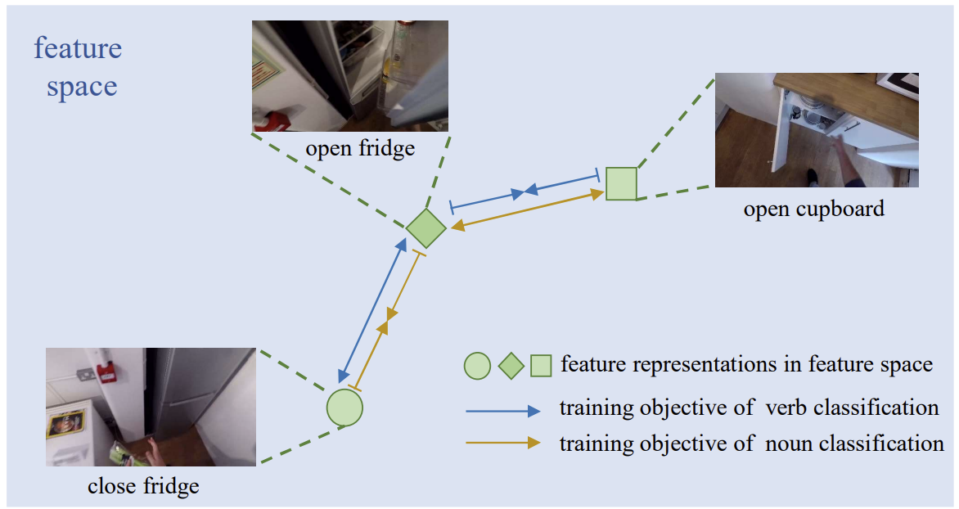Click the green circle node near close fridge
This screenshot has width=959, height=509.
point(344,408)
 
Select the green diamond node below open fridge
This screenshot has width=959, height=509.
point(426,228)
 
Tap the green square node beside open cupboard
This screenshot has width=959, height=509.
point(621,183)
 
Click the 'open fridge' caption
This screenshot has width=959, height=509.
point(360,149)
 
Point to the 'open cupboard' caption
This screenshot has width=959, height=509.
point(814,209)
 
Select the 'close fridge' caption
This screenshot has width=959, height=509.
point(144,486)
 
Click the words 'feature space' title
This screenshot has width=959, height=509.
point(79,66)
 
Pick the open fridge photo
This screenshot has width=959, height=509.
point(350,76)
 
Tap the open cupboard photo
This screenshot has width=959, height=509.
point(817,130)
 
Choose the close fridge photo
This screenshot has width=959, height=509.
point(151,407)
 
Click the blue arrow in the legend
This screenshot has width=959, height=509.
point(503,411)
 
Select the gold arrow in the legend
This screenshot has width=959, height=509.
point(503,443)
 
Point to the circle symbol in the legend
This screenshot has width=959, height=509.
point(477,366)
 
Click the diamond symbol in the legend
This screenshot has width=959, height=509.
point(511,366)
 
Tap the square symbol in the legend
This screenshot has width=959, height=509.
point(541,366)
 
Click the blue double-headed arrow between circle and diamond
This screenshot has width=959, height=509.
point(372,310)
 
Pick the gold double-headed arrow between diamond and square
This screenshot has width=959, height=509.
point(528,209)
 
